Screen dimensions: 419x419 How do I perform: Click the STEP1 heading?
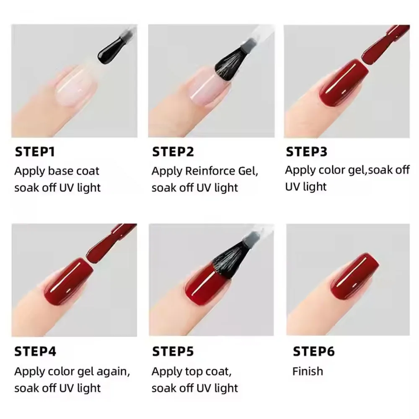(35, 152)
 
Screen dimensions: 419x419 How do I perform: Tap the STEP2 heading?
(173, 152)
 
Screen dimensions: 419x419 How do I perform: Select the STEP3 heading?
(306, 152)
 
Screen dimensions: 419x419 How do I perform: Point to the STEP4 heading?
(35, 351)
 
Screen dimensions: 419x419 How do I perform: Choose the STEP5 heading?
(173, 351)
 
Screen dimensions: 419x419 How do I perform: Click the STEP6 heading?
(313, 351)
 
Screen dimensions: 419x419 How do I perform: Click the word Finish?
(308, 371)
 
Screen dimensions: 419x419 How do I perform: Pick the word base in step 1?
(62, 171)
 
